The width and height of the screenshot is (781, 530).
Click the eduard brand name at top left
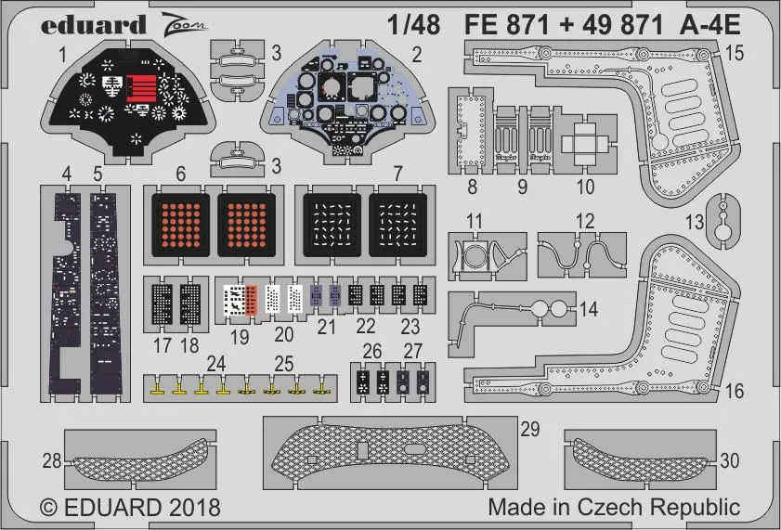click(94, 23)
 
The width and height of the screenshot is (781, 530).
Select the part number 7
click(397, 173)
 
